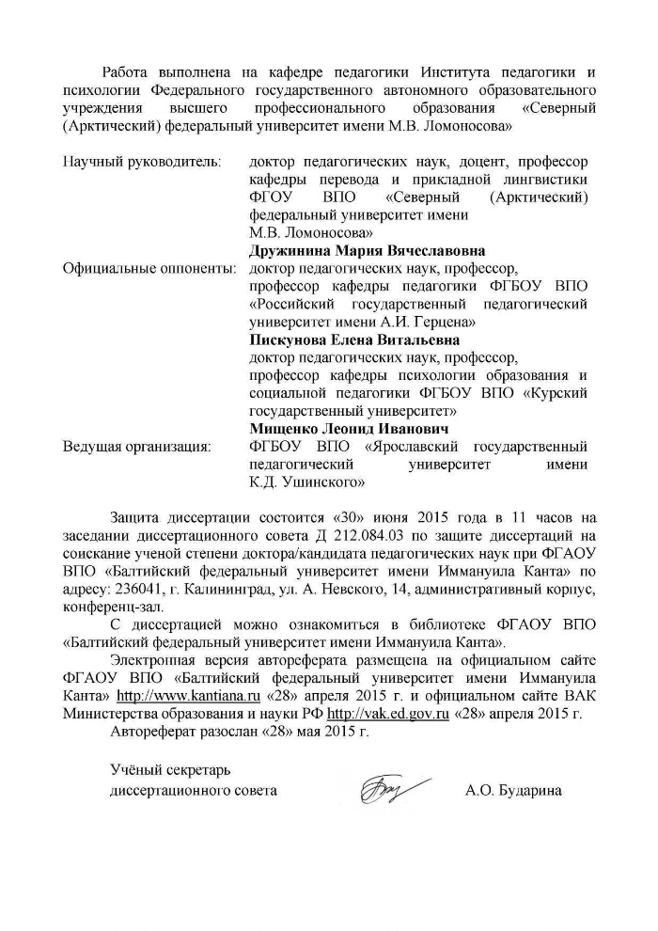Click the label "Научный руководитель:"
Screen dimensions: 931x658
pyautogui.click(x=141, y=163)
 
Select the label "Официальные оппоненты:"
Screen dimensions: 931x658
pyautogui.click(x=149, y=269)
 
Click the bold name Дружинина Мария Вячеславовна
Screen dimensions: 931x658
pyautogui.click(x=367, y=251)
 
